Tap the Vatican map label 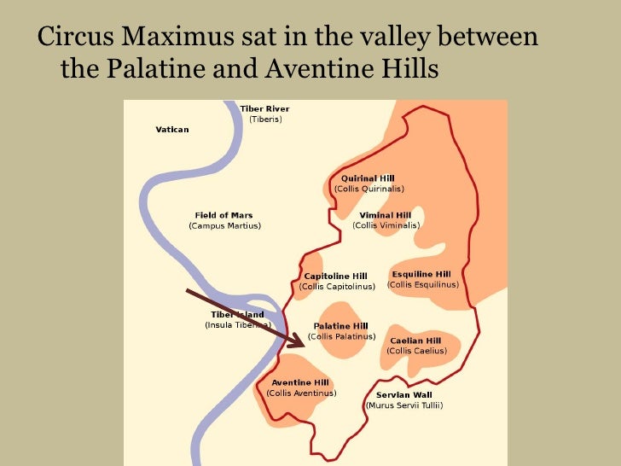pyautogui.click(x=172, y=129)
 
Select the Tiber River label pyautogui.click(x=264, y=109)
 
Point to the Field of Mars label pyautogui.click(x=224, y=215)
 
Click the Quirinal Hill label pyautogui.click(x=369, y=178)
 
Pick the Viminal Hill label pyautogui.click(x=386, y=215)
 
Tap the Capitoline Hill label pyautogui.click(x=336, y=277)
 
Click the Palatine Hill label pyautogui.click(x=341, y=326)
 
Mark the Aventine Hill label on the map pyautogui.click(x=301, y=382)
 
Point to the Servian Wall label pyautogui.click(x=404, y=395)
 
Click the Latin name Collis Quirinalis pyautogui.click(x=369, y=189)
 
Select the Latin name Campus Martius pyautogui.click(x=224, y=226)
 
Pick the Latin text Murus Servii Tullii pyautogui.click(x=404, y=405)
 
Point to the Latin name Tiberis pyautogui.click(x=264, y=119)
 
